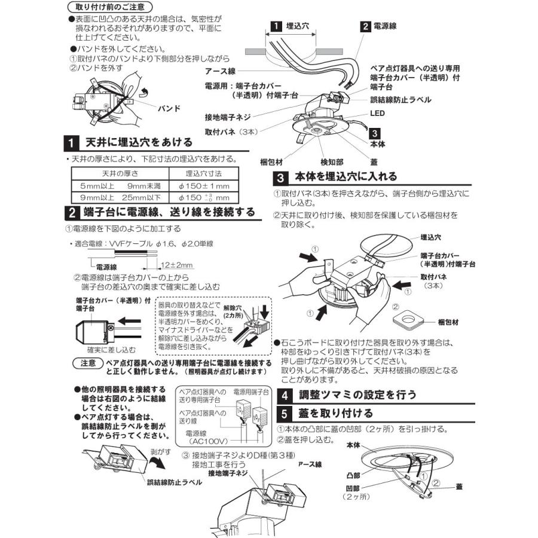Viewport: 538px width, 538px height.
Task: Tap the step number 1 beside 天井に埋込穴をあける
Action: point(71,143)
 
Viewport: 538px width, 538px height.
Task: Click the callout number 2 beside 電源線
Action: point(365,26)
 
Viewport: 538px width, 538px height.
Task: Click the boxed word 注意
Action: point(85,362)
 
